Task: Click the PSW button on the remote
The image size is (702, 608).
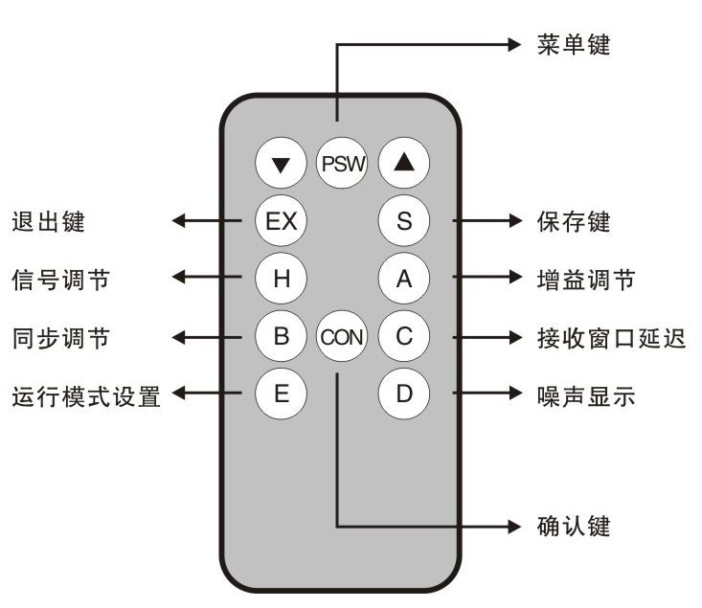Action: pos(342,164)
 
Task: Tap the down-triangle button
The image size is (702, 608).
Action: pos(281,164)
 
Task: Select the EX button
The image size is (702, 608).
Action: pos(281,221)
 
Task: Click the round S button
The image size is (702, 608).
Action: pos(403,221)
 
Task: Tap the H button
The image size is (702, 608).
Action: pos(281,279)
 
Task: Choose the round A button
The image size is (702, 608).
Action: pos(403,279)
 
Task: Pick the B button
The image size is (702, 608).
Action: pos(281,336)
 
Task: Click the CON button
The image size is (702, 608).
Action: pos(342,336)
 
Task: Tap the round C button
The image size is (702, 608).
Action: pos(403,336)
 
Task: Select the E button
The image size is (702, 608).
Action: pos(281,394)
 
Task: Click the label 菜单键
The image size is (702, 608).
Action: pos(573,44)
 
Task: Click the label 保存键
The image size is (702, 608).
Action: pos(573,222)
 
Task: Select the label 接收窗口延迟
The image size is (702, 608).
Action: pos(610,337)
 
